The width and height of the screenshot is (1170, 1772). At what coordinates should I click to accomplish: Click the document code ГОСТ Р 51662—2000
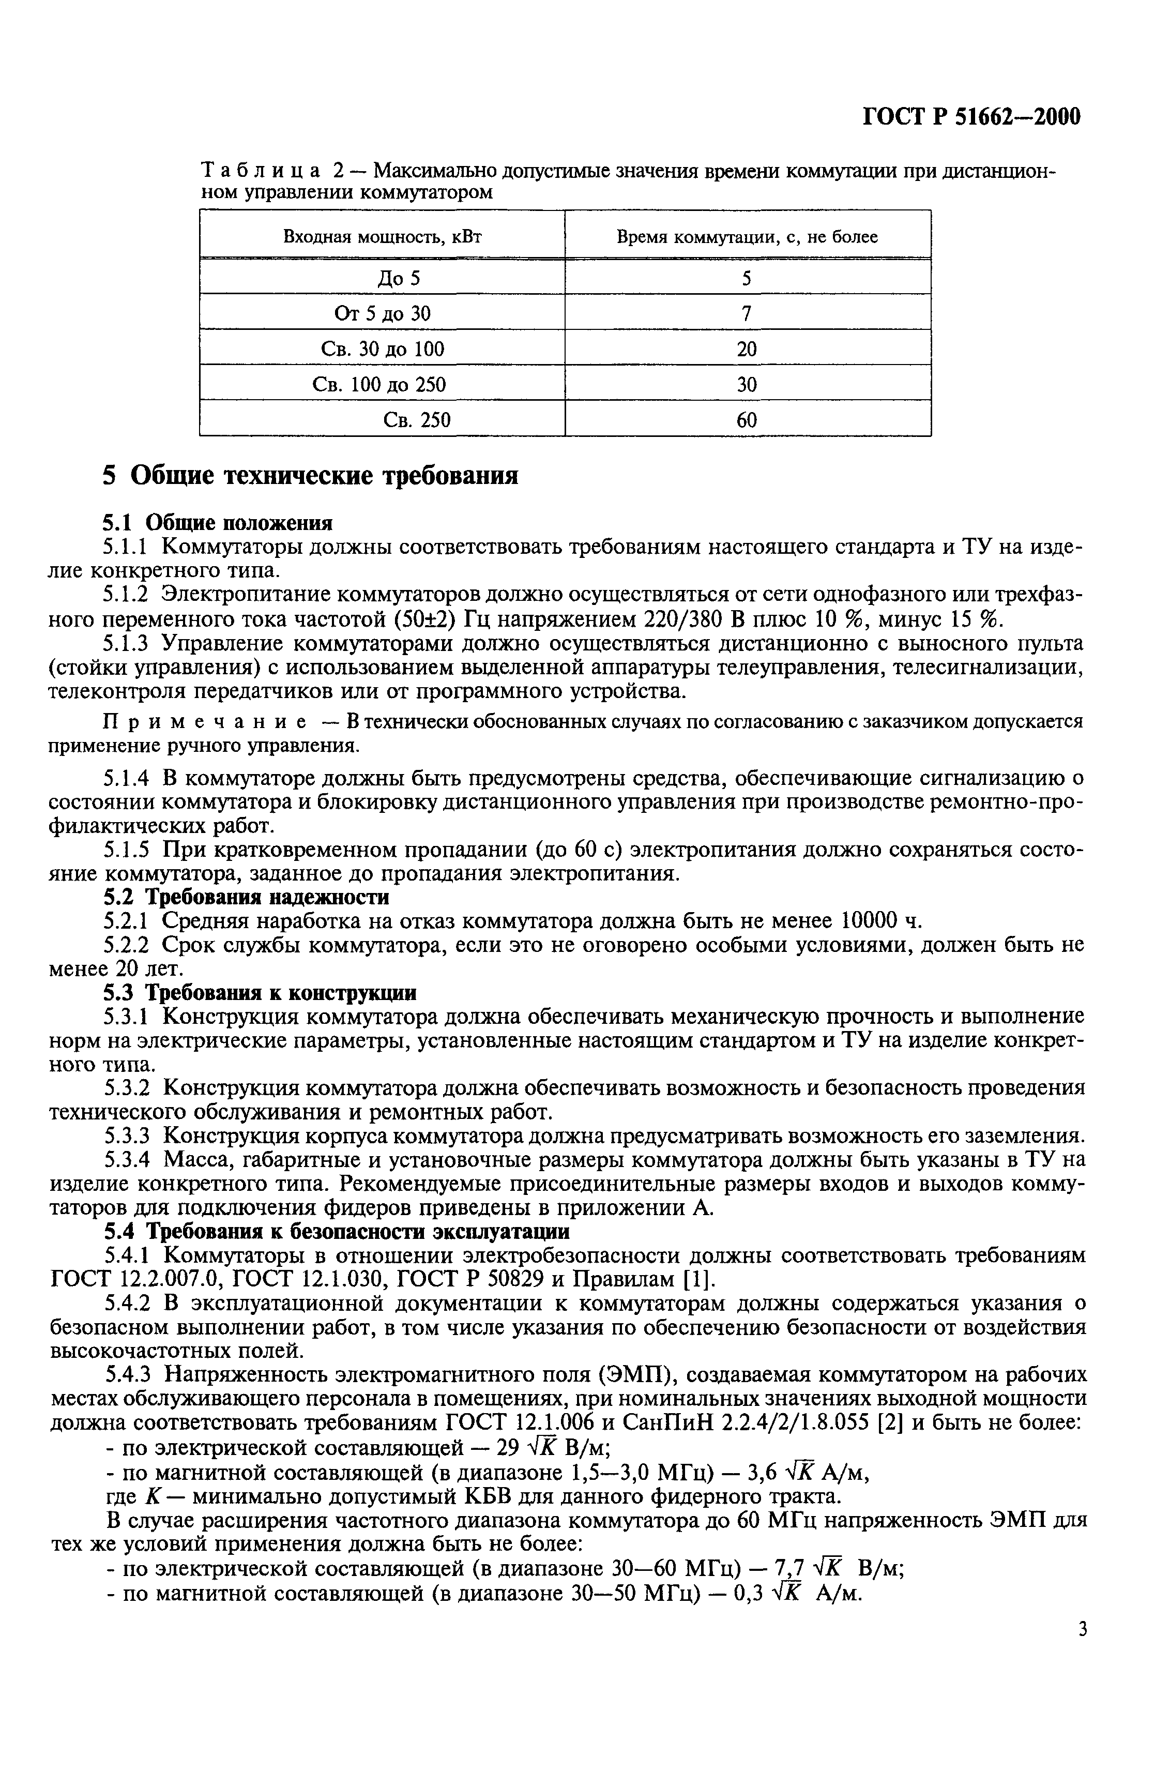point(971,118)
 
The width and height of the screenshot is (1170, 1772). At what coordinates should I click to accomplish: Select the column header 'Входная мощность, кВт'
point(382,237)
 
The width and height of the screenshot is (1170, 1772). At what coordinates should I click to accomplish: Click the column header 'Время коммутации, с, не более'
point(747,237)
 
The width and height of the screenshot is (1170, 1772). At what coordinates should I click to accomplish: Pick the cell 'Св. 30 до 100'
point(382,349)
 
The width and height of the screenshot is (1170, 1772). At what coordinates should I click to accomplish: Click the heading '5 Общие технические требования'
point(310,475)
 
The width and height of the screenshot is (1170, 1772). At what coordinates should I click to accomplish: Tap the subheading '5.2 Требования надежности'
point(245,896)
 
